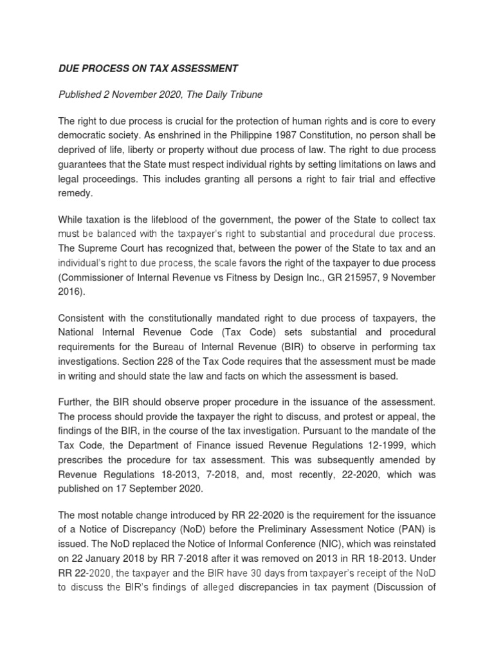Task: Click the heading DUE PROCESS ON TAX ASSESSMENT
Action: (x=148, y=68)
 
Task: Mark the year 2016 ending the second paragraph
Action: (x=71, y=292)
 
